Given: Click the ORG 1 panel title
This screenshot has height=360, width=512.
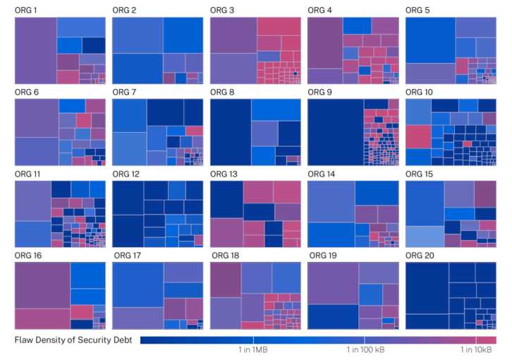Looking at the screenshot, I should tap(26, 10).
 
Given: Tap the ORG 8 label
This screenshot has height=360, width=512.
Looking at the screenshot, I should tap(222, 92).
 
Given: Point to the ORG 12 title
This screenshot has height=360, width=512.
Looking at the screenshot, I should tap(126, 174).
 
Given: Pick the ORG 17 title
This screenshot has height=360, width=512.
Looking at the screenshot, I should tap(127, 255).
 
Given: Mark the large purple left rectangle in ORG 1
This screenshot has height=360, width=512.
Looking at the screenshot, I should tap(35, 50).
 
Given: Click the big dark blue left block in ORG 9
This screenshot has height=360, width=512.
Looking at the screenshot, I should tap(335, 131).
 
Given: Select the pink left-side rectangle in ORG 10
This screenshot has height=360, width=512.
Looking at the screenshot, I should tap(417, 136).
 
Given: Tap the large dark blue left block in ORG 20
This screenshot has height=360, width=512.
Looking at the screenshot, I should tap(427, 295).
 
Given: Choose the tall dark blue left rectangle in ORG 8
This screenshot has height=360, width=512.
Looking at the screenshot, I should tap(230, 131).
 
